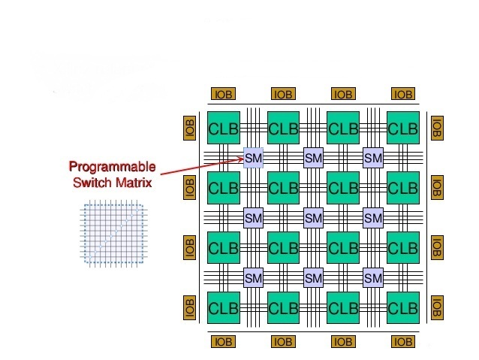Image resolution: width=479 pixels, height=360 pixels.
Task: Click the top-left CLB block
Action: (223, 129)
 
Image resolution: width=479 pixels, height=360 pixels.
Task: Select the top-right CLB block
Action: (403, 129)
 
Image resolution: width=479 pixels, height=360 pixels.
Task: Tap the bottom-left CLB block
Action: (223, 308)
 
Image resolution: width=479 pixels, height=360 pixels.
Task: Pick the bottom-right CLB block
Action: (403, 308)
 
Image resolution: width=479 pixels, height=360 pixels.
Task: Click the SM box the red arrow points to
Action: (254, 159)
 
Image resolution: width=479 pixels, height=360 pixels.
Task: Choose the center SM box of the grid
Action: (313, 218)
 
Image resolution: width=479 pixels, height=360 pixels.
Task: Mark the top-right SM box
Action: (373, 159)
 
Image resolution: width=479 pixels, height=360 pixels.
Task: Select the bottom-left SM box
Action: (254, 278)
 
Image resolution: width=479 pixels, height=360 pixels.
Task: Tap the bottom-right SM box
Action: (373, 278)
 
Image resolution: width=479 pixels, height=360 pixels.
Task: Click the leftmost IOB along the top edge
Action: (224, 95)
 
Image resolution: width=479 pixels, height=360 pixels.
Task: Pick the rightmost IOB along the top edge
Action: (403, 95)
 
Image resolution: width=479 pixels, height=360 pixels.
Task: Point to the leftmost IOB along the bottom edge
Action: (224, 342)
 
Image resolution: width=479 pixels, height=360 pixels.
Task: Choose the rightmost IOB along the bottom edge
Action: (403, 342)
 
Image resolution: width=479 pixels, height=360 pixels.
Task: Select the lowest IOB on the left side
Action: (190, 307)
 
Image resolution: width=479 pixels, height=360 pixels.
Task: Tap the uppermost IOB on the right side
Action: (437, 128)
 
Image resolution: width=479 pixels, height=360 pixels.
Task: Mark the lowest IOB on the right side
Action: (437, 307)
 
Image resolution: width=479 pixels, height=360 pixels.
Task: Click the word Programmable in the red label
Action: (113, 166)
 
